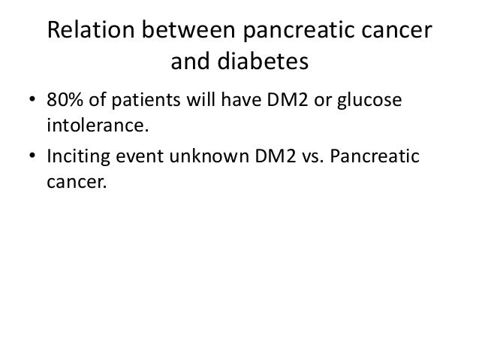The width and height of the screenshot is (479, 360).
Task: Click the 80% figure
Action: click(65, 101)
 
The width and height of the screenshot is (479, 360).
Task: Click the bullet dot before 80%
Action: click(33, 102)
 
